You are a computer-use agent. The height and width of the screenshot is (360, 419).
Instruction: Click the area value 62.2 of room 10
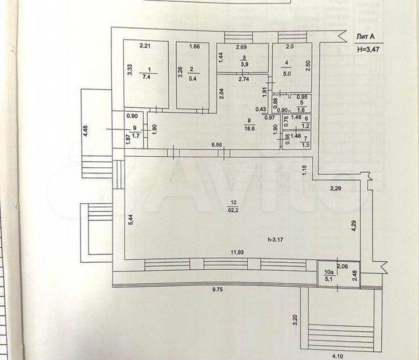(234, 210)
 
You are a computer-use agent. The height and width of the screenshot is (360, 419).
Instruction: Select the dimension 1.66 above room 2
(195, 46)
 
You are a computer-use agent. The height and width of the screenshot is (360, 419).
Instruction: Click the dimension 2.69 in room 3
(241, 47)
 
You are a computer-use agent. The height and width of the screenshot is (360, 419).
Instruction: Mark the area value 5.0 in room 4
(288, 74)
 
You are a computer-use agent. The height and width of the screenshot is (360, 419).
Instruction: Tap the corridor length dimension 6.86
(217, 145)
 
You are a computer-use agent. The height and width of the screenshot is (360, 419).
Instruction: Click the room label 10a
(328, 272)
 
